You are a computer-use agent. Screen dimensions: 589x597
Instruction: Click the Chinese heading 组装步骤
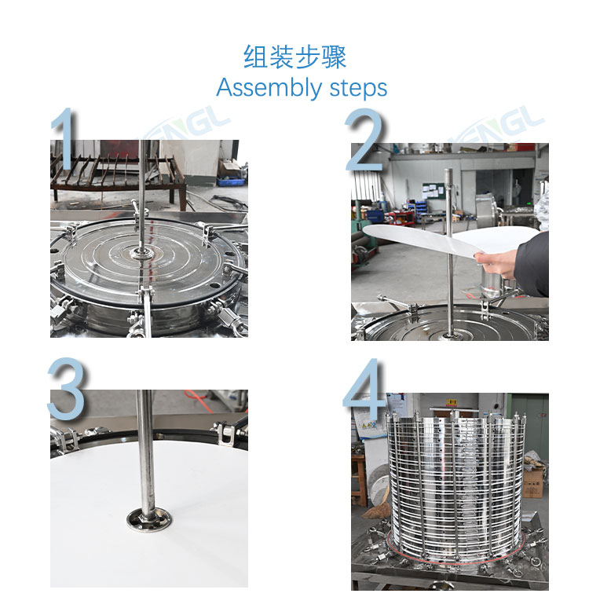click(x=294, y=57)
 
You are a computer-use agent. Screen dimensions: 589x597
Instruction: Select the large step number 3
click(x=66, y=388)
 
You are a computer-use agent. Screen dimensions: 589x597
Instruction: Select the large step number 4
click(x=364, y=389)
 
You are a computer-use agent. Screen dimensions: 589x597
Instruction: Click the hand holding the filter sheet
click(x=496, y=263)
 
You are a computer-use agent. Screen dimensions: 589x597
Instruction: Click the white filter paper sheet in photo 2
click(x=449, y=240)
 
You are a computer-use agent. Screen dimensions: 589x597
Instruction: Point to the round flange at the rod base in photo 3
click(x=149, y=519)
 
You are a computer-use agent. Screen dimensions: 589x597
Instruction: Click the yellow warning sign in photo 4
click(x=452, y=402)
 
